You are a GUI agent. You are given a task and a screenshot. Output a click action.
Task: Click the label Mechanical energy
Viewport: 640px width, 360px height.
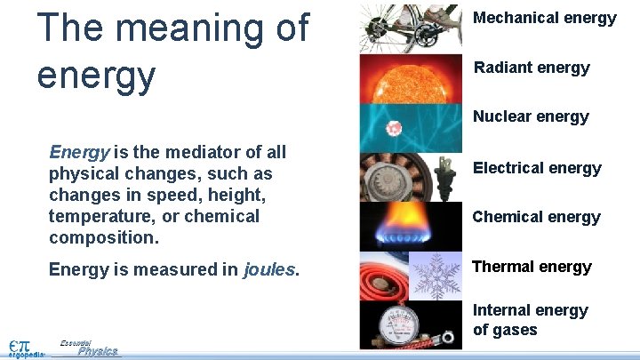(544, 18)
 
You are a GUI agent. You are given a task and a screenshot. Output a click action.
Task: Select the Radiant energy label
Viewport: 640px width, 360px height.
(532, 68)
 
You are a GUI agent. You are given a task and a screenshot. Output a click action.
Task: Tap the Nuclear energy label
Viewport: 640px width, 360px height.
(531, 116)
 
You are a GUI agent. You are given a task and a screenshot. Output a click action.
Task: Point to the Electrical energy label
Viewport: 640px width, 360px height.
(537, 168)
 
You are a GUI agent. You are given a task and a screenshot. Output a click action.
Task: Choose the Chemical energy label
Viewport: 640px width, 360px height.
(536, 217)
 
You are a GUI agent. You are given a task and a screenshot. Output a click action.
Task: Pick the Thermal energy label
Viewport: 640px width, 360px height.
(532, 267)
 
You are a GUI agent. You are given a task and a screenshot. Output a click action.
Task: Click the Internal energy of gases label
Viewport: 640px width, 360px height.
(530, 320)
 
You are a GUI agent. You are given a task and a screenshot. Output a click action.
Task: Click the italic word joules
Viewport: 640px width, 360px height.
(269, 269)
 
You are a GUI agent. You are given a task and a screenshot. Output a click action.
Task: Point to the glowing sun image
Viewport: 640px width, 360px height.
(411, 78)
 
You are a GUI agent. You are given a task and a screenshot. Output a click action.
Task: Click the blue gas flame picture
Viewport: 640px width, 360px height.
(411, 228)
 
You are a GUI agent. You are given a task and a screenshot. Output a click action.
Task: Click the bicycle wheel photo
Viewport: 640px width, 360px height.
(411, 28)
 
